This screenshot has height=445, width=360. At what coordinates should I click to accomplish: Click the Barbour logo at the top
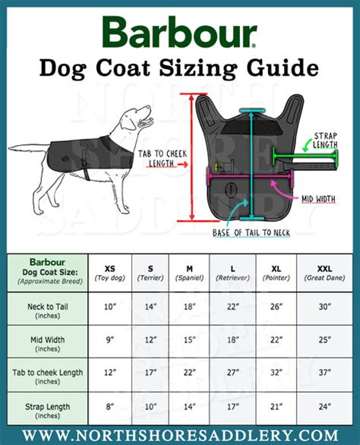(x=179, y=33)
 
